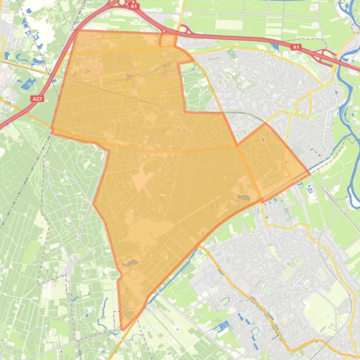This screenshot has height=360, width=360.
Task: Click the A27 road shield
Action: click(37, 99)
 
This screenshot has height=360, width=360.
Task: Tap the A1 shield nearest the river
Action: click(295, 47)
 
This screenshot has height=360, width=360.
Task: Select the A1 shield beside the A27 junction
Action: click(134, 7)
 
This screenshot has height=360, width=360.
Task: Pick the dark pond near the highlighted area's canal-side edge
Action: click(243, 198)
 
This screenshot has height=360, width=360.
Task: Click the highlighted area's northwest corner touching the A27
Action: click(76, 31)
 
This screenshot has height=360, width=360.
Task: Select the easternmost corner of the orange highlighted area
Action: click(309, 173)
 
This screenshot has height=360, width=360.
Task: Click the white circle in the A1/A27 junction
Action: click(122, 2)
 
